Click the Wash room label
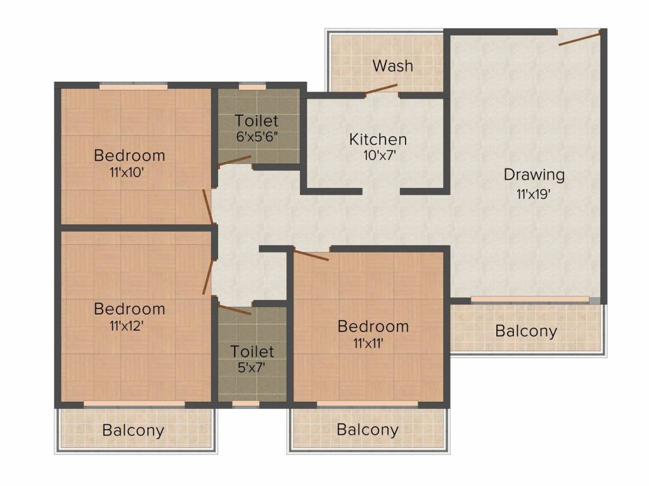392,66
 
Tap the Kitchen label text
378,139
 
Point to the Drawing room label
534,175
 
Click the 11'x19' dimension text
534,194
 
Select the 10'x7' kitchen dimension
380,156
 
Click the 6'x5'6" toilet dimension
257,137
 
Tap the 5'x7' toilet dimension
252,367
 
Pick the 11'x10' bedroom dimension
127,172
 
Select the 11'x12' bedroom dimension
127,326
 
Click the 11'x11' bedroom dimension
368,343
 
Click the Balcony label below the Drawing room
526,332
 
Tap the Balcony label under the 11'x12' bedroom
133,430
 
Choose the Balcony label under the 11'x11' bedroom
368,430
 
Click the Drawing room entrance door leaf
579,38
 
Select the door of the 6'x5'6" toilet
235,161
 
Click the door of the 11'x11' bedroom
311,254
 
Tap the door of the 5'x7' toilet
235,309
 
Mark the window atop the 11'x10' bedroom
134,86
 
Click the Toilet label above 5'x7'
252,351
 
